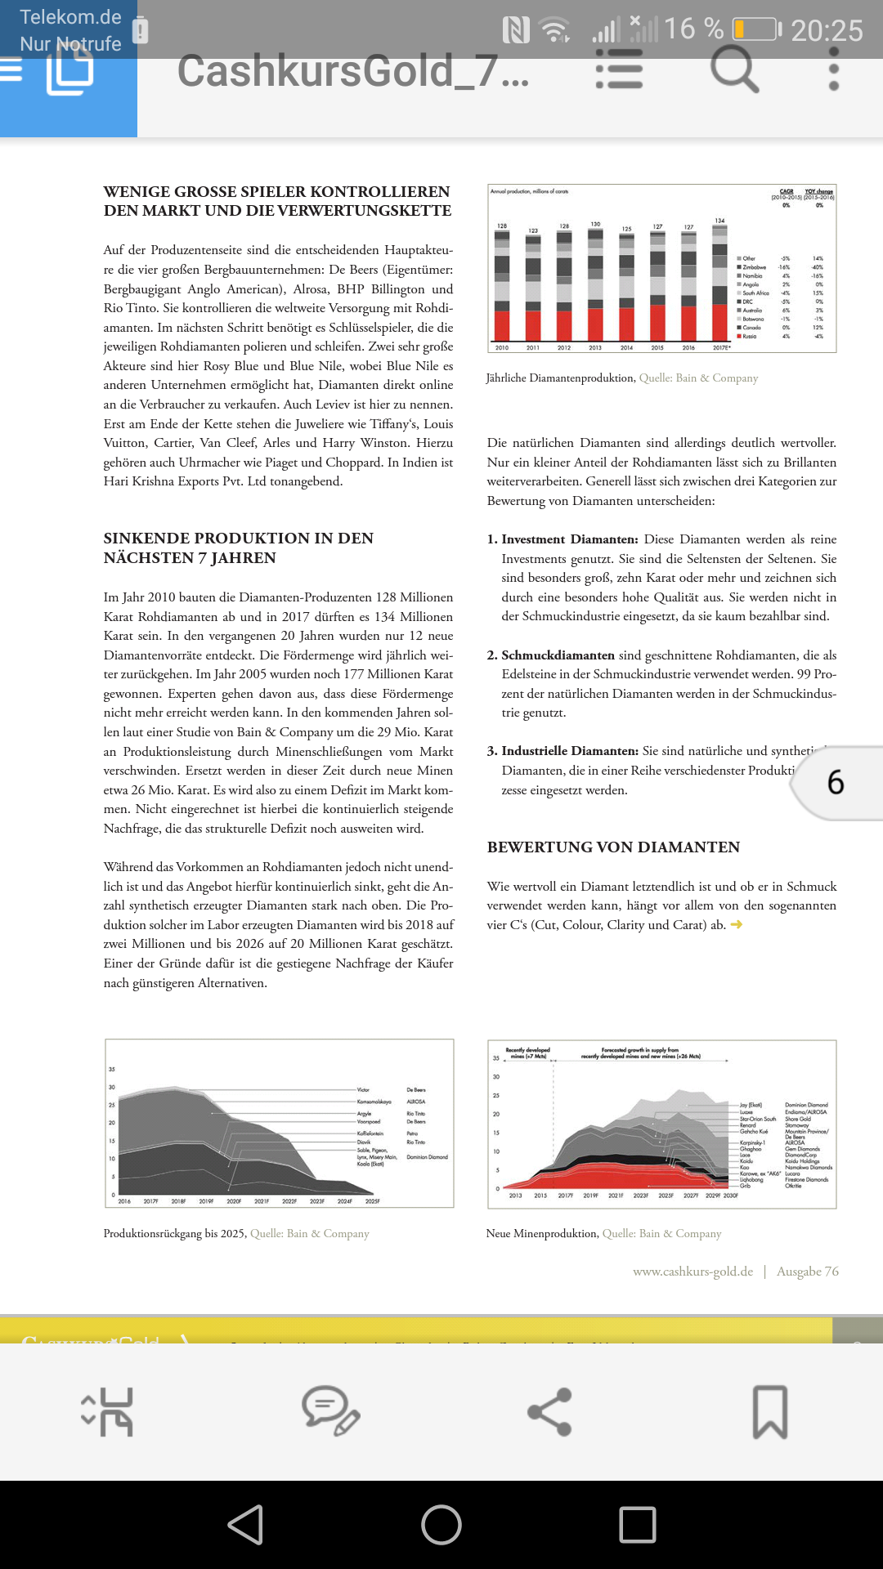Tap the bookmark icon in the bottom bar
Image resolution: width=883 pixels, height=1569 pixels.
pyautogui.click(x=769, y=1411)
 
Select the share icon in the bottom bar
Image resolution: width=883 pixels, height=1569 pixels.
pyautogui.click(x=549, y=1411)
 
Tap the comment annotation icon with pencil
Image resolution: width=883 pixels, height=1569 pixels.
pyautogui.click(x=329, y=1411)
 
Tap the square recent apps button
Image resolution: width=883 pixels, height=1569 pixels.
pyautogui.click(x=638, y=1525)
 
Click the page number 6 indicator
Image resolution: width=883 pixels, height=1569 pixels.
pyautogui.click(x=836, y=783)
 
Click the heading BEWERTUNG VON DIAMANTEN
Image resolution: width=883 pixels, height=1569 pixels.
pyautogui.click(x=613, y=847)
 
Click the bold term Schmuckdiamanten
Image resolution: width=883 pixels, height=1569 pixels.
pyautogui.click(x=558, y=655)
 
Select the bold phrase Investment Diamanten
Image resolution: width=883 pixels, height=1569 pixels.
pyautogui.click(x=569, y=539)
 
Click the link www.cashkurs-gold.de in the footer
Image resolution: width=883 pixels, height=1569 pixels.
pyautogui.click(x=693, y=1272)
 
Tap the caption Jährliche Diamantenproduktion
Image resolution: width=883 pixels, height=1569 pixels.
pyautogui.click(x=560, y=378)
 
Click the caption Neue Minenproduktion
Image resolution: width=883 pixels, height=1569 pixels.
pyautogui.click(x=541, y=1234)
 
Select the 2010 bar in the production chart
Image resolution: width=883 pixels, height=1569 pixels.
pyautogui.click(x=502, y=286)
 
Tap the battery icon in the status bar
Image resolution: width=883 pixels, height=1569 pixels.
pyautogui.click(x=756, y=29)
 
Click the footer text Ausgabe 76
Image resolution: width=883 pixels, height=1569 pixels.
pyautogui.click(x=807, y=1272)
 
